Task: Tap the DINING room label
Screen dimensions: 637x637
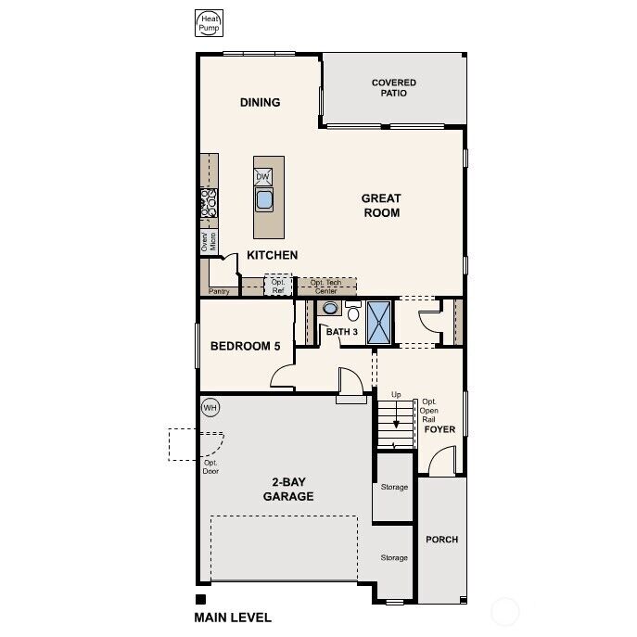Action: (x=260, y=102)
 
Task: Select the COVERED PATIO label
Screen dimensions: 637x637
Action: (x=393, y=88)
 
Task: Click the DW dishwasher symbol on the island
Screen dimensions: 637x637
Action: (x=263, y=177)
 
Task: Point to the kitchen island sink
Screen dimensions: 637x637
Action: (x=264, y=199)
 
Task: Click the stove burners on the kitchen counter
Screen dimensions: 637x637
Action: (x=209, y=203)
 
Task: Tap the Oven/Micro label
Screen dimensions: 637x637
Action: (x=209, y=242)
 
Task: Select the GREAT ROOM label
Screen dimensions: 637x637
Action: (x=380, y=205)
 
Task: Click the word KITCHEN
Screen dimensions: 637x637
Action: (x=272, y=255)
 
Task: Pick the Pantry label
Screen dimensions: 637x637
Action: (x=219, y=291)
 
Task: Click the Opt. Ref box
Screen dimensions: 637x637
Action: (x=278, y=287)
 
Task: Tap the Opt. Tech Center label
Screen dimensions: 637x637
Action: (x=326, y=287)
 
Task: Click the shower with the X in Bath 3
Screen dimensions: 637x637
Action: (x=380, y=322)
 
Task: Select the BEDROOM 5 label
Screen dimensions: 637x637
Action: (x=245, y=347)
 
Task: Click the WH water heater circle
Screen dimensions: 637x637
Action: (x=210, y=407)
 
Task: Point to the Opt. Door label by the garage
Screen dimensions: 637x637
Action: (x=210, y=466)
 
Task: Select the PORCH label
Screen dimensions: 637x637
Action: (x=441, y=539)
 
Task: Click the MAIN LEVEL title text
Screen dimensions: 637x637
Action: (x=233, y=618)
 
